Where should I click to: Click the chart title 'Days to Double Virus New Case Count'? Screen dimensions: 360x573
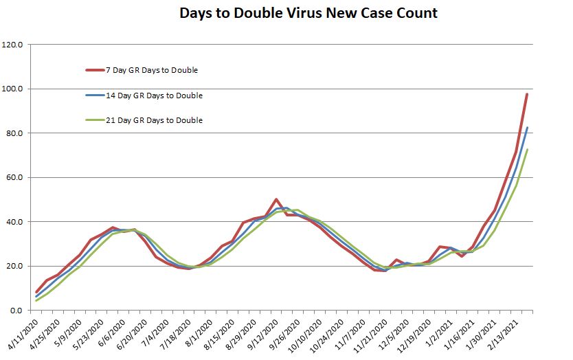[x=308, y=13]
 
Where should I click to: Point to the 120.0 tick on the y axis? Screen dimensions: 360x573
[x=14, y=45]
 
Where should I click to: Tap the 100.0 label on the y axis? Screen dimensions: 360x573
[x=14, y=89]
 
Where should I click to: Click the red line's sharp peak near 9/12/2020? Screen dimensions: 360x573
[x=276, y=199]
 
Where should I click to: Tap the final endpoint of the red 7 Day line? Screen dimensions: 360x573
[x=527, y=93]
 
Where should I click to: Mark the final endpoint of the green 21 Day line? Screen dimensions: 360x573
[x=527, y=149]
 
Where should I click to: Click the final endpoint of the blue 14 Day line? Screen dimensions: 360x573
[x=527, y=127]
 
